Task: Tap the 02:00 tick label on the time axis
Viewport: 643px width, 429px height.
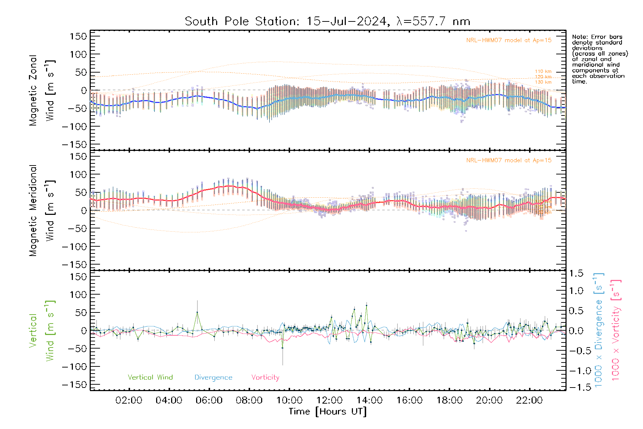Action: click(129, 400)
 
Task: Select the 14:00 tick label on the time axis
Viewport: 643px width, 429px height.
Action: click(369, 400)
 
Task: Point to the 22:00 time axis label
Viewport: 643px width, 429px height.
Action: click(529, 400)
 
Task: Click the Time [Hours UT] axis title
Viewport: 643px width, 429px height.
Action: click(328, 411)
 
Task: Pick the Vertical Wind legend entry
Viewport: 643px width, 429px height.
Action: click(150, 378)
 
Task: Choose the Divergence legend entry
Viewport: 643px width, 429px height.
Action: click(213, 378)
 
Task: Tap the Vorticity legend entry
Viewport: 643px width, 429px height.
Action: click(265, 378)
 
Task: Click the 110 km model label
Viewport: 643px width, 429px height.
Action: click(543, 71)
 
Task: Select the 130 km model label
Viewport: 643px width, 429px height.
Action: click(543, 82)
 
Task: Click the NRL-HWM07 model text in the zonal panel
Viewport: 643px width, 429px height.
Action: click(509, 40)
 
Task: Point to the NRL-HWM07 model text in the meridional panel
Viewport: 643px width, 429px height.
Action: click(509, 161)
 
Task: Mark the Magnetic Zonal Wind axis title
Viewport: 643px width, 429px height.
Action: click(42, 90)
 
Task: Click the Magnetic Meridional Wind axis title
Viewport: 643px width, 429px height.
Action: click(42, 210)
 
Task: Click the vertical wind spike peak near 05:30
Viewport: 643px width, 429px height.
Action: click(197, 312)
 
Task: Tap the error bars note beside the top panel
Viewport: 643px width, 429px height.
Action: click(599, 59)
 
